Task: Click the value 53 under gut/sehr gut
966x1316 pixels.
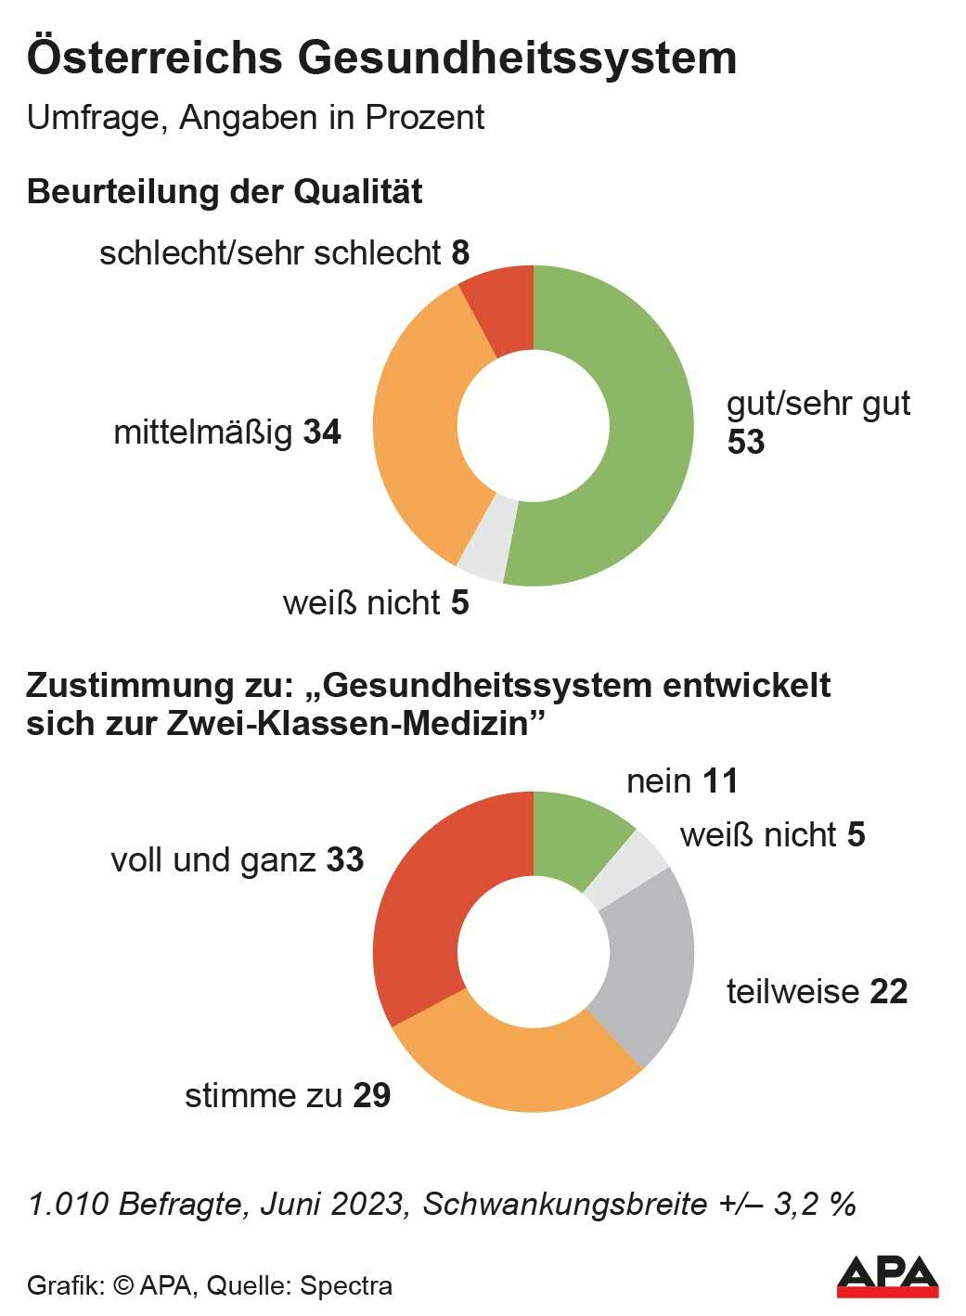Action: tap(746, 442)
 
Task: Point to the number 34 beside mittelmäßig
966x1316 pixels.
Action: tap(322, 432)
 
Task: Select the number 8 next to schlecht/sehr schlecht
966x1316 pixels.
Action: tap(460, 252)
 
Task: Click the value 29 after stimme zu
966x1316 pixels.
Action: tap(372, 1096)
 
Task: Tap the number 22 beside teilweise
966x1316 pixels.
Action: tap(888, 992)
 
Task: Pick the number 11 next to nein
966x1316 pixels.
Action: tap(720, 781)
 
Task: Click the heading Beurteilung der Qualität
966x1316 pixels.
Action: tap(225, 192)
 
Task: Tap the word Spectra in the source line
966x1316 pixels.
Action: tap(346, 1286)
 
